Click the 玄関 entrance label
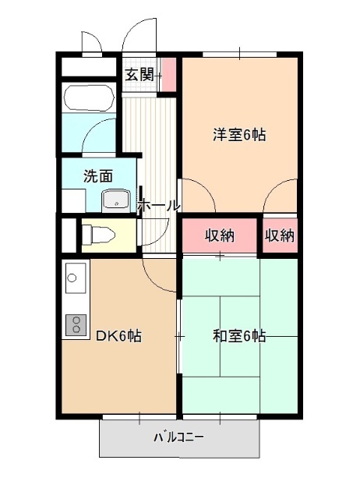(x=140, y=75)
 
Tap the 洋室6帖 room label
(x=239, y=134)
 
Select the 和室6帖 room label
(x=239, y=336)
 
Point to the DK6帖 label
(x=118, y=336)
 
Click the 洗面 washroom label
(x=98, y=175)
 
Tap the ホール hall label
(x=158, y=206)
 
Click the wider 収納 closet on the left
(x=220, y=235)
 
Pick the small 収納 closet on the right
(x=280, y=235)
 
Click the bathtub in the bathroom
(x=90, y=98)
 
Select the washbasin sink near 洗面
(x=117, y=201)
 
